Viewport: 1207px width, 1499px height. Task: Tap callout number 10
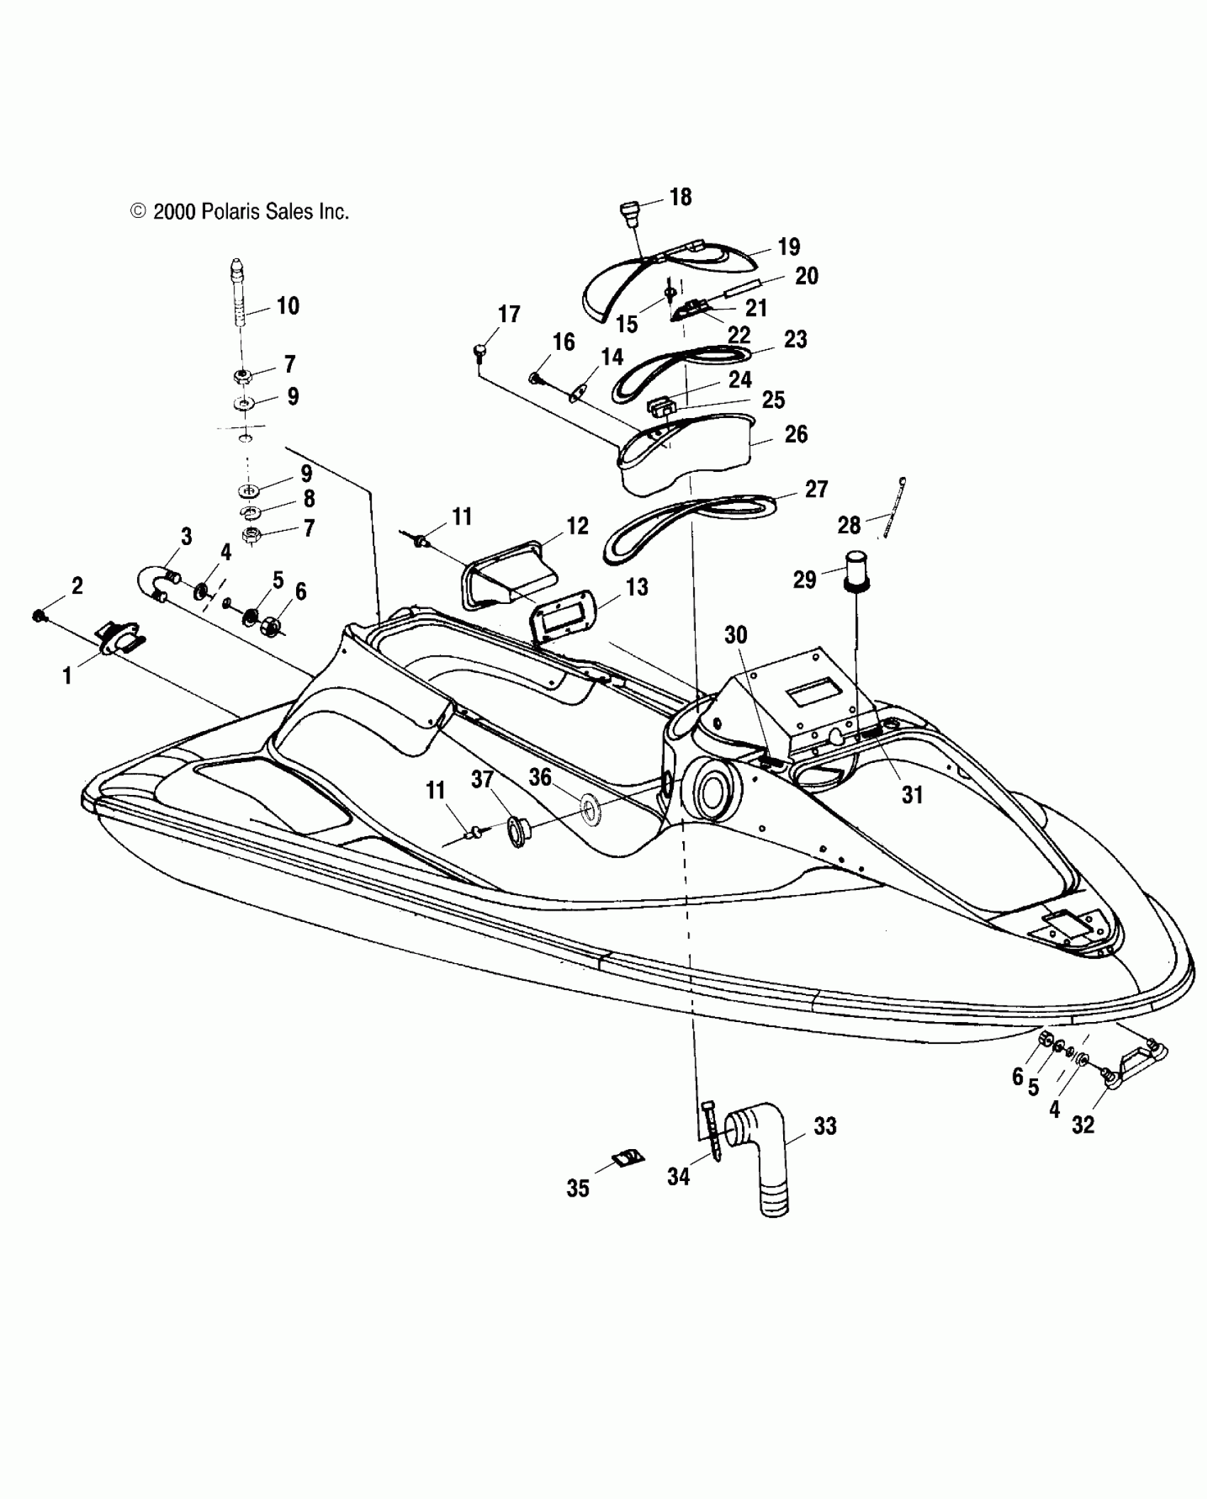tap(288, 306)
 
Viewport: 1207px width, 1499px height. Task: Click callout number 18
tap(680, 197)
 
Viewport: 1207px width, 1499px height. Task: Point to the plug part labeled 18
tap(629, 212)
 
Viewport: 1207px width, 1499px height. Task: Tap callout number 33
tap(824, 1126)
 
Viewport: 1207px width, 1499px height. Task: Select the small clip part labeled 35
tap(628, 1159)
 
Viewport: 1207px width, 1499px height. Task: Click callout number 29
tap(804, 580)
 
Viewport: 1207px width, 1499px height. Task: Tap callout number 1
tap(67, 676)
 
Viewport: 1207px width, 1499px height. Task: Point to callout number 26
tap(796, 434)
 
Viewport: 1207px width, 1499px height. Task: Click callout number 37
tap(482, 779)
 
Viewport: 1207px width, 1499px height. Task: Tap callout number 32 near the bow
tap(1083, 1124)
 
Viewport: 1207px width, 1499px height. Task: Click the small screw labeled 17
tap(481, 351)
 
